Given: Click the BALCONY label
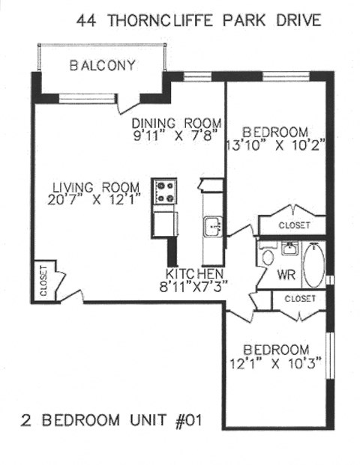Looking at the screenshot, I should point(103,65).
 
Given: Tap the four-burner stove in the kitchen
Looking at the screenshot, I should point(164,191).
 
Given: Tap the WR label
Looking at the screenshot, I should point(286,275).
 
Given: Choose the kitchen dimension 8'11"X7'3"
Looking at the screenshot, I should point(197,285).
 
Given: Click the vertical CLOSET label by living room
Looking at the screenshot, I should point(43,281).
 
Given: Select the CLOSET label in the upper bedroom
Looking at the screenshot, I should point(293,225).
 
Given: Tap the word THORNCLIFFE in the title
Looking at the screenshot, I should point(154,20).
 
